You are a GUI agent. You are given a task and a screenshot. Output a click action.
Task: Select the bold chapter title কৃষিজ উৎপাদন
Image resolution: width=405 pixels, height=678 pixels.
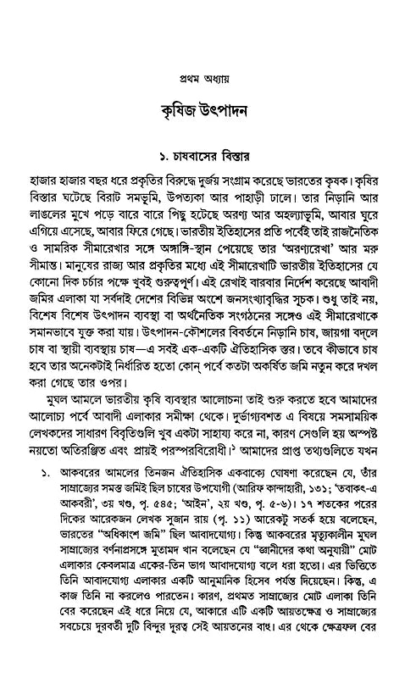tap(202, 112)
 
